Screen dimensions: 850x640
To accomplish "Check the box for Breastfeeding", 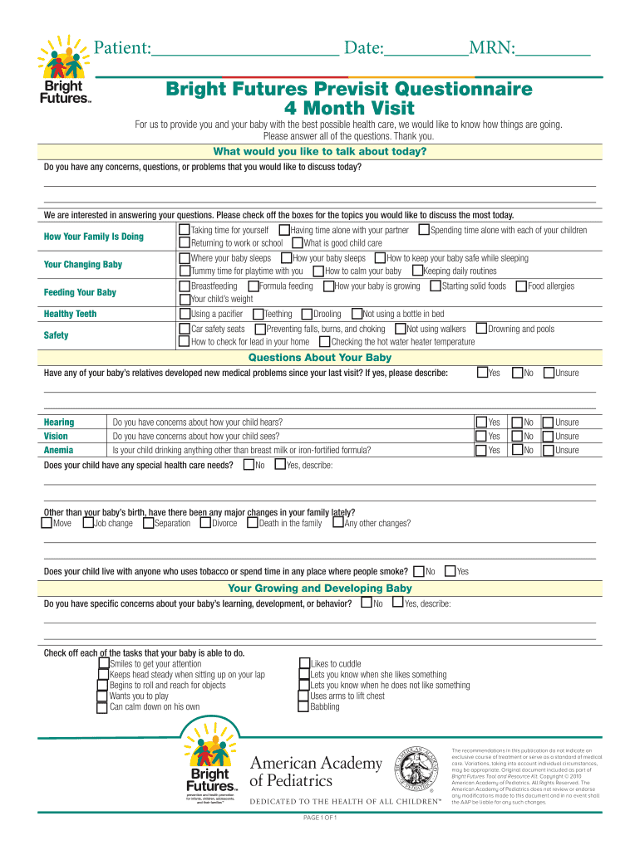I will point(185,286).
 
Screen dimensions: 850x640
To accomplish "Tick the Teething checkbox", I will point(258,314).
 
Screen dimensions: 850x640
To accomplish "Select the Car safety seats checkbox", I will point(185,330).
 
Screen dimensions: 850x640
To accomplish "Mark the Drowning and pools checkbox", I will point(481,330).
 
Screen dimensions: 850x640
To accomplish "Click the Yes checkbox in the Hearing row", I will point(481,423).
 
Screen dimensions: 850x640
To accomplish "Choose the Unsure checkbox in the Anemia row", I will point(547,451).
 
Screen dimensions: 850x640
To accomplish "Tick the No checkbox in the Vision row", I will point(517,437).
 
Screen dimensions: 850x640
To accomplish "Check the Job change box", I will point(88,523).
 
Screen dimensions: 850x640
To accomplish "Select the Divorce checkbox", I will point(205,523).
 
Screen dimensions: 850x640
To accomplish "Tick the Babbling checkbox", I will point(303,707).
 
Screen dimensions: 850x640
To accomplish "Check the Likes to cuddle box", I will point(303,664).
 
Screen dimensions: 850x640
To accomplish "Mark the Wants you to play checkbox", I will point(102,696).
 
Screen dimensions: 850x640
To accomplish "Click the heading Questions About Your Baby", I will point(320,358).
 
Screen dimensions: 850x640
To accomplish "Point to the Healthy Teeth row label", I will point(70,314).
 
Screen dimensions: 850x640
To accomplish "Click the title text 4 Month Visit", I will point(349,109).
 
